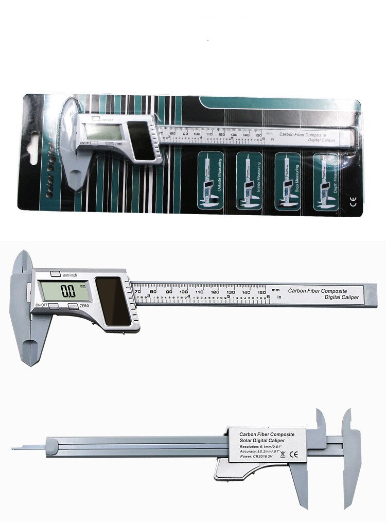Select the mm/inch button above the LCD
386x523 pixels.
point(55,273)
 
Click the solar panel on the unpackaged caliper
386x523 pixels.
point(113,302)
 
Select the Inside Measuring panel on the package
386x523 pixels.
point(249,181)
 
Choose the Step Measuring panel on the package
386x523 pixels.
point(287,181)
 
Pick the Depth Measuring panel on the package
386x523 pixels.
point(326,181)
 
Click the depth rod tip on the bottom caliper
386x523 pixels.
point(14,448)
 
